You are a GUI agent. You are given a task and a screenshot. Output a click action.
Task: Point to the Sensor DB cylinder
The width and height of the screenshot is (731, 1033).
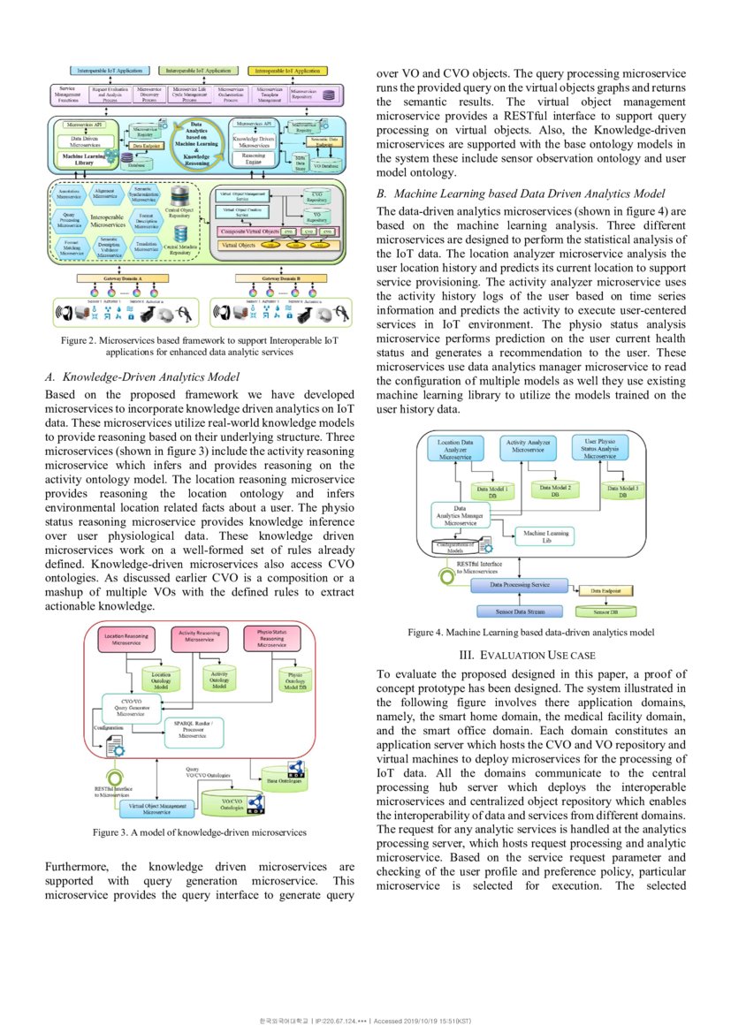(605, 611)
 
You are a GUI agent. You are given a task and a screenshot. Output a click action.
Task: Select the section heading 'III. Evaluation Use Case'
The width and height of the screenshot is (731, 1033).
(528, 655)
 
